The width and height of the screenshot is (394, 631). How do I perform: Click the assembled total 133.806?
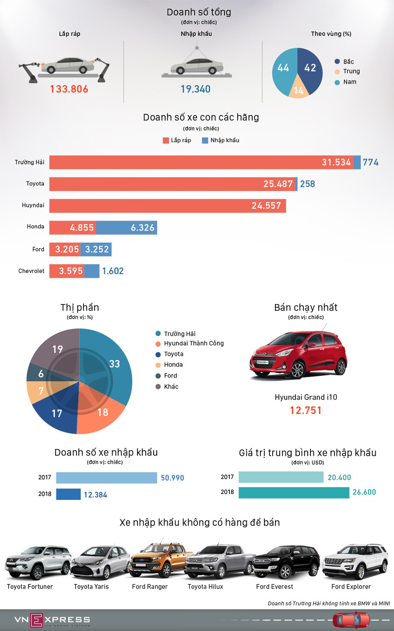[x=69, y=89]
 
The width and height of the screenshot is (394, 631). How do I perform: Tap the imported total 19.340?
[x=196, y=89]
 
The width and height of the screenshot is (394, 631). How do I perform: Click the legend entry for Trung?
[x=351, y=71]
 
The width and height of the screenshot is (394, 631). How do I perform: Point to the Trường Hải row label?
[x=29, y=162]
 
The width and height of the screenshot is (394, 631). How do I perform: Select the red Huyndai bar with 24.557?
[x=167, y=206]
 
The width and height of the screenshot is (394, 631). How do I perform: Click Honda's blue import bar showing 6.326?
[x=127, y=228]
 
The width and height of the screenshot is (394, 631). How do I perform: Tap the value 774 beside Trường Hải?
[x=370, y=162]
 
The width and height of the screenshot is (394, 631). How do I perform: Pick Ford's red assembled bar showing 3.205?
[x=64, y=249]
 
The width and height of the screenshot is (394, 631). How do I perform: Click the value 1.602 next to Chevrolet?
[x=113, y=271]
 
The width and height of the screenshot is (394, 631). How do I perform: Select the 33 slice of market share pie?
[x=109, y=363]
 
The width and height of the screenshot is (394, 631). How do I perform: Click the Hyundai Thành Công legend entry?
[x=193, y=344]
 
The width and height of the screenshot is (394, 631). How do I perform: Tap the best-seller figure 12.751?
[x=306, y=410]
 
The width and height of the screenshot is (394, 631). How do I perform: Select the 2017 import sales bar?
[x=106, y=478]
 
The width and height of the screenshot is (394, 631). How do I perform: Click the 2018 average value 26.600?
[x=364, y=492]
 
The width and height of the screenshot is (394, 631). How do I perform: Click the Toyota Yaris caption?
[x=91, y=587]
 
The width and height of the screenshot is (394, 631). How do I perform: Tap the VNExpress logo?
[x=52, y=620]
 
